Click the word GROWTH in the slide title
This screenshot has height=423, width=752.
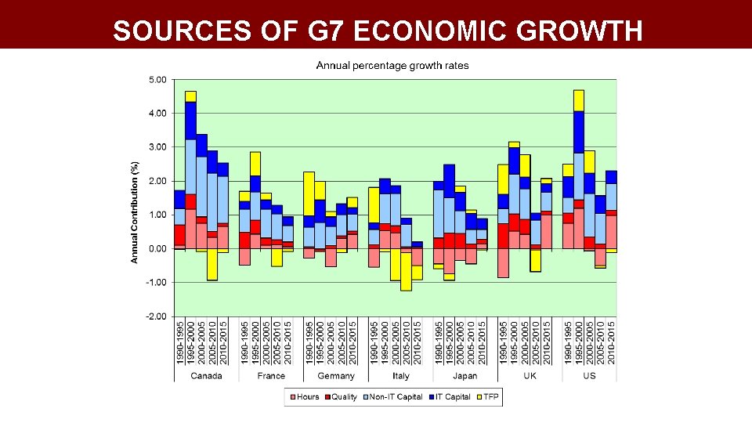pyautogui.click(x=579, y=31)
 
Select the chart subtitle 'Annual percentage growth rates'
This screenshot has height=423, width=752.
pyautogui.click(x=392, y=66)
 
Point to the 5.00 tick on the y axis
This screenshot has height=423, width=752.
pyautogui.click(x=157, y=80)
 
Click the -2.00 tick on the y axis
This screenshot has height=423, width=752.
pyautogui.click(x=156, y=316)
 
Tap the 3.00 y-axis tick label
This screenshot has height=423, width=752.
pyautogui.click(x=157, y=147)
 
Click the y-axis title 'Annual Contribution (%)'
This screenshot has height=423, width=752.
pyautogui.click(x=135, y=211)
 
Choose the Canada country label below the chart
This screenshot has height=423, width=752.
pyautogui.click(x=206, y=376)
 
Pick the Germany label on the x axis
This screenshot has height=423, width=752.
pyautogui.click(x=336, y=376)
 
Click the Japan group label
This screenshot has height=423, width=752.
pyautogui.click(x=465, y=376)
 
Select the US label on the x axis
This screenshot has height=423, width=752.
pyautogui.click(x=589, y=376)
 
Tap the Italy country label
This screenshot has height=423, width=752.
pyautogui.click(x=400, y=376)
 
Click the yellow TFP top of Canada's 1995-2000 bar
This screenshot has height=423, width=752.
pyautogui.click(x=190, y=96)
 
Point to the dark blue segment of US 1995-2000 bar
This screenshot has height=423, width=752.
pyautogui.click(x=579, y=132)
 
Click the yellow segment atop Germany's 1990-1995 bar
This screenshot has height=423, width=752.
pyautogui.click(x=309, y=193)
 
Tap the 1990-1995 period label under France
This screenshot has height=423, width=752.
pyautogui.click(x=244, y=341)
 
